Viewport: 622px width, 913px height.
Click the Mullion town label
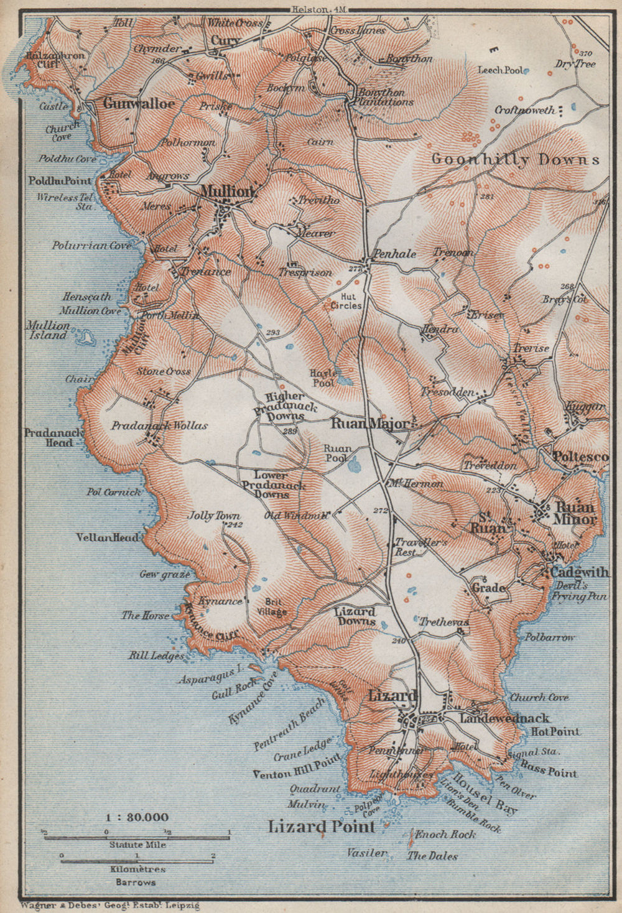coord(227,192)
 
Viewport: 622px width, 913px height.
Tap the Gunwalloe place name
coord(139,103)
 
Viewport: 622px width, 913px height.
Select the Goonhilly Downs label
coord(516,159)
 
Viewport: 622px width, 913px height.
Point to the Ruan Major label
coord(371,424)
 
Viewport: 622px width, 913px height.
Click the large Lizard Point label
coord(322,827)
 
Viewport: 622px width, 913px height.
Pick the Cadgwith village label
coord(578,572)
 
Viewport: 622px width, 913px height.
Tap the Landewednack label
coord(504,718)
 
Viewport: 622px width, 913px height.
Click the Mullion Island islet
coord(86,338)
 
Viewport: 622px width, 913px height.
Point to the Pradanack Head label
coord(49,437)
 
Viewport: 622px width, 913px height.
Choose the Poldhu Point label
coord(60,180)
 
